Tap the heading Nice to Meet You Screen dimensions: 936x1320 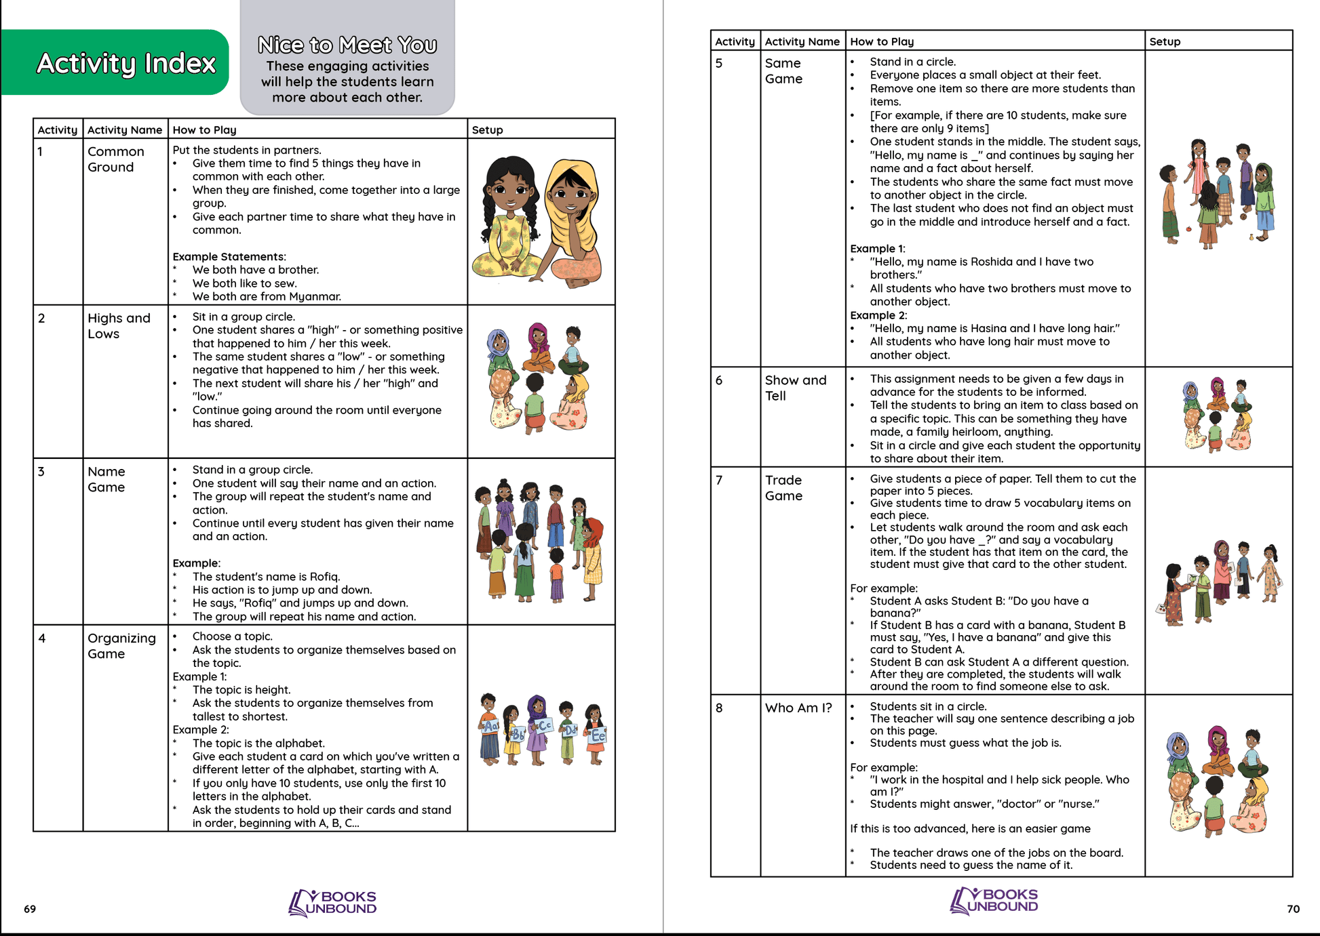(347, 45)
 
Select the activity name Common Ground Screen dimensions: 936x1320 (115, 159)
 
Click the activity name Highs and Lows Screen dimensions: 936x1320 (118, 326)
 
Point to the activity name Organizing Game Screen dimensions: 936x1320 (121, 646)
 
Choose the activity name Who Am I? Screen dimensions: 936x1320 (798, 708)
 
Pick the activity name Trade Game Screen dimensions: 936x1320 (783, 488)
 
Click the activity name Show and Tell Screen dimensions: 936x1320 (795, 388)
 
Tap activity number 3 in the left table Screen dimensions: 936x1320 (41, 472)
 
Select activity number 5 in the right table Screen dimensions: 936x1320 (719, 64)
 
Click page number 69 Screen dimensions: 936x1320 (30, 909)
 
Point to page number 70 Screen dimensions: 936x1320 (1293, 909)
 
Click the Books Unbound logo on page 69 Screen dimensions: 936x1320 (332, 903)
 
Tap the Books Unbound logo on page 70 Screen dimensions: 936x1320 (994, 901)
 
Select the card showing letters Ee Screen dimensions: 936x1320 (598, 736)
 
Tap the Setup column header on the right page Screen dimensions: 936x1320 (1165, 42)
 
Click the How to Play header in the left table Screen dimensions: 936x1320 (204, 130)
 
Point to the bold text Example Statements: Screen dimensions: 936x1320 (229, 257)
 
